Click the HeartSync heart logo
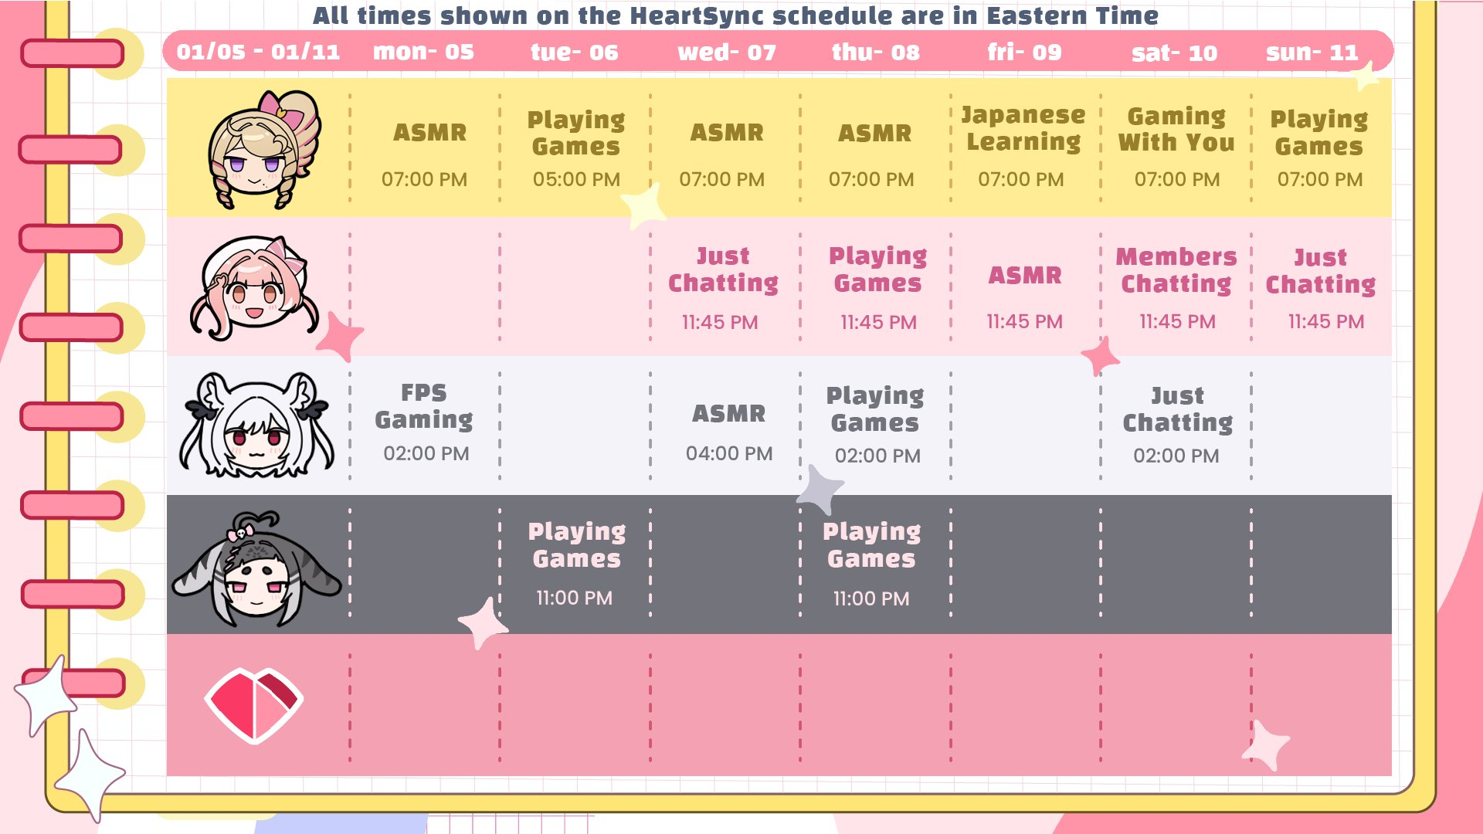tap(254, 705)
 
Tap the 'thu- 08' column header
tap(875, 53)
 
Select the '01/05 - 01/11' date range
tap(258, 52)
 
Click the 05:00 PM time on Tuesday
tap(576, 179)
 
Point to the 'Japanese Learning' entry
tap(1023, 129)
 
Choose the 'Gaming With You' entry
tap(1176, 130)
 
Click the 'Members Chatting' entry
tap(1176, 270)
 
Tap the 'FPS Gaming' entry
tap(424, 406)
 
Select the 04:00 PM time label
tap(729, 453)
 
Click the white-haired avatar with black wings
tap(257, 424)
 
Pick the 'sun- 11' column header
tap(1312, 53)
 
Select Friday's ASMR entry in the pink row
tap(1025, 276)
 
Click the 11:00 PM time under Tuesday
tap(574, 598)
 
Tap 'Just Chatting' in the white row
tap(1177, 409)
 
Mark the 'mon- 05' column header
tap(423, 52)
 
